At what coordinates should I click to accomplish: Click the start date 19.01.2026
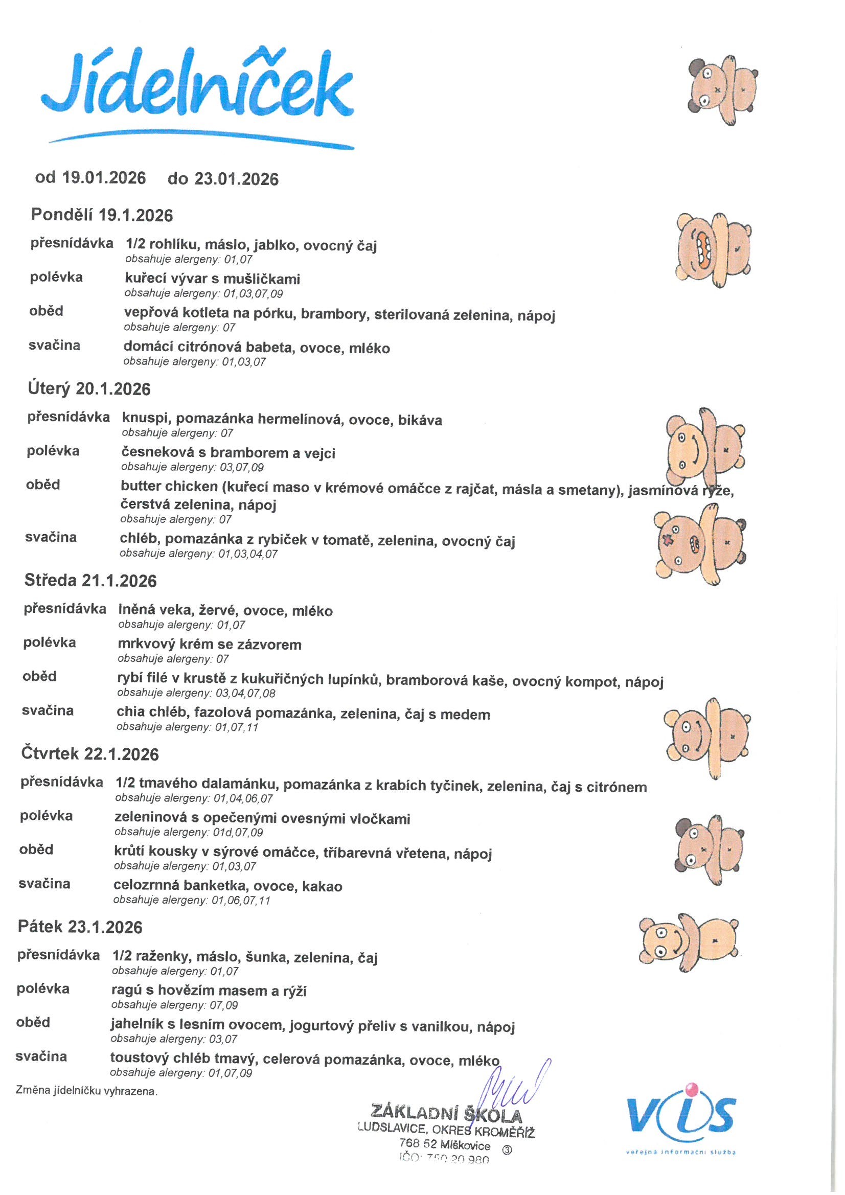click(x=104, y=177)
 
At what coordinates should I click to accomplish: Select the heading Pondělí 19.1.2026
click(x=102, y=215)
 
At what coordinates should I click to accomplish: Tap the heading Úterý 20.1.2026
click(x=89, y=389)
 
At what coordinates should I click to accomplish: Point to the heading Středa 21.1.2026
click(x=90, y=581)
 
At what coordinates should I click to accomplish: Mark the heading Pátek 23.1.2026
click(x=80, y=927)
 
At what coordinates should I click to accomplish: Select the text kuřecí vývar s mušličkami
click(x=213, y=279)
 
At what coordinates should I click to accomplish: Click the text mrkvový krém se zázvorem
click(x=210, y=645)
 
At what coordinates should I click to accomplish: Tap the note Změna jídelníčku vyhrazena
click(x=86, y=1091)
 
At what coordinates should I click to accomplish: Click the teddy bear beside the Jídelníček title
click(x=722, y=91)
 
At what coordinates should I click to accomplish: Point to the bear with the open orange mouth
click(x=713, y=250)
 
